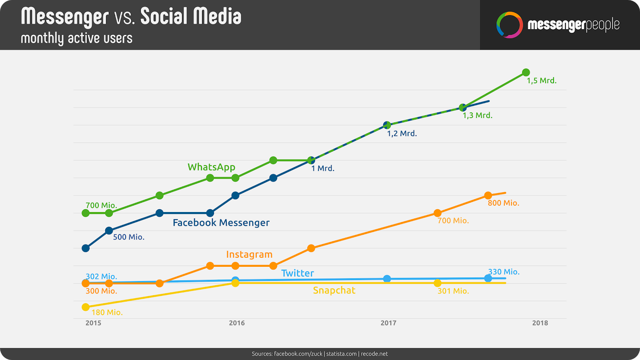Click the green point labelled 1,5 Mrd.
pyautogui.click(x=526, y=72)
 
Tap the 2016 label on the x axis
pyautogui.click(x=237, y=323)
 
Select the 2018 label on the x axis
pyautogui.click(x=540, y=323)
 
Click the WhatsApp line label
pyautogui.click(x=211, y=167)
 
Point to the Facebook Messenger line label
pyautogui.click(x=221, y=223)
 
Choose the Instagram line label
pyautogui.click(x=249, y=254)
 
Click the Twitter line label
pyautogui.click(x=297, y=273)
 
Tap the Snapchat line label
pyautogui.click(x=334, y=290)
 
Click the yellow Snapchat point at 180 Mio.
pyautogui.click(x=86, y=307)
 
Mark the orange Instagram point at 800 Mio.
pyautogui.click(x=488, y=196)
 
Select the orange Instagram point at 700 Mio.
pyautogui.click(x=438, y=213)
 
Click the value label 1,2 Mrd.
pyautogui.click(x=402, y=134)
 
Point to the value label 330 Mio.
pyautogui.click(x=504, y=272)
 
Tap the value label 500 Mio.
pyautogui.click(x=128, y=237)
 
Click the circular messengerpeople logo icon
pyautogui.click(x=509, y=25)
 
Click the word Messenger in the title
pyautogui.click(x=65, y=17)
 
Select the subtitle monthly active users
pyautogui.click(x=76, y=38)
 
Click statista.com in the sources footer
pyautogui.click(x=341, y=354)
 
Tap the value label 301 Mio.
pyautogui.click(x=453, y=291)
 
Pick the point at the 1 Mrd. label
pyautogui.click(x=311, y=160)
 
